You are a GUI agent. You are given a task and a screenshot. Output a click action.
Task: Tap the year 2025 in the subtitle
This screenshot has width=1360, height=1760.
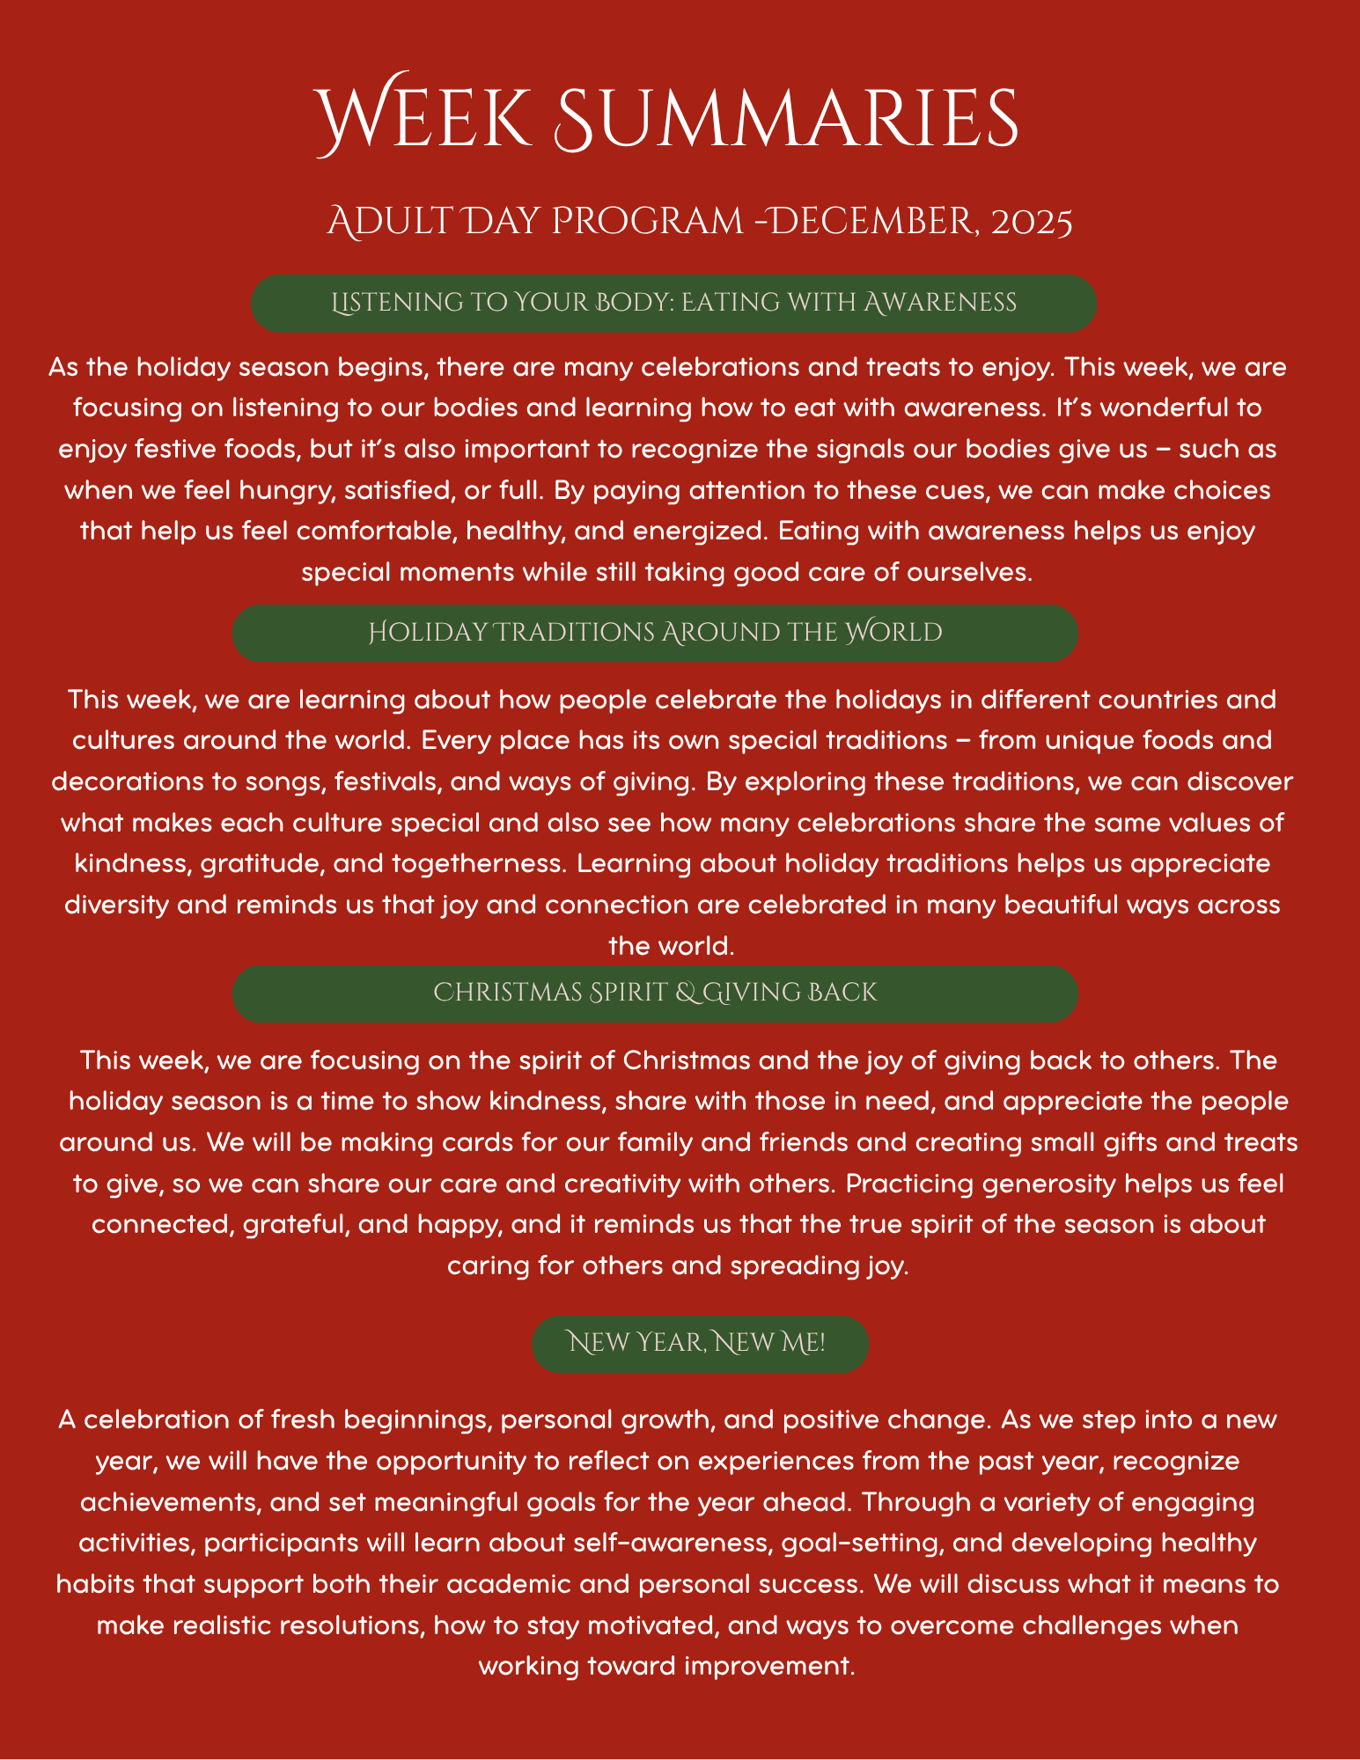1032,222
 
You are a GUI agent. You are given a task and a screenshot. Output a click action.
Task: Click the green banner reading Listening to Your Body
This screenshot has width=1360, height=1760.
673,303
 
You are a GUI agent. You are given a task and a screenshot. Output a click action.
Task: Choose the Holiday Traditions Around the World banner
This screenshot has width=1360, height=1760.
655,633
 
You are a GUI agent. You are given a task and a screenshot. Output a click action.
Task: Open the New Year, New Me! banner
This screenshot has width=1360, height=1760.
700,1344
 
